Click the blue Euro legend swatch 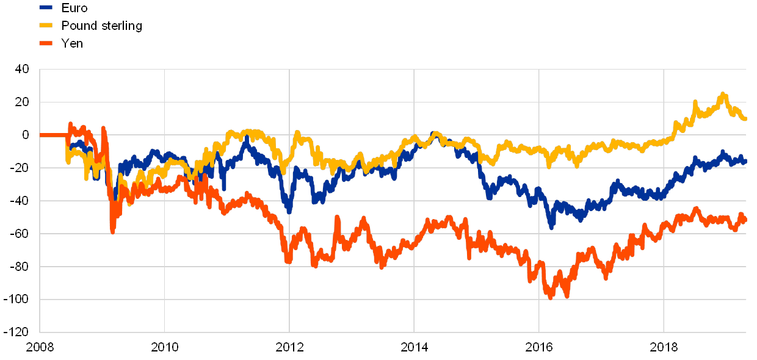click(46, 8)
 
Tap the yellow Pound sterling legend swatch click(46, 26)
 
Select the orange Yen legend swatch click(46, 43)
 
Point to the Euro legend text click(74, 8)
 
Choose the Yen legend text click(72, 43)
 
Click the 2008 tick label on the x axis click(40, 347)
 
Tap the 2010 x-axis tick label click(164, 347)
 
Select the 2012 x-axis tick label click(289, 347)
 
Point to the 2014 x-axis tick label click(414, 347)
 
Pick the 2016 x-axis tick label click(539, 347)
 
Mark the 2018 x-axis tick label click(664, 347)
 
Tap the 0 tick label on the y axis click(25, 135)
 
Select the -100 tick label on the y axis click(19, 300)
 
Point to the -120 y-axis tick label click(19, 333)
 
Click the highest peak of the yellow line click(723, 94)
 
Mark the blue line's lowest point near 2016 click(551, 228)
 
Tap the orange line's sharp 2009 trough click(112, 231)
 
